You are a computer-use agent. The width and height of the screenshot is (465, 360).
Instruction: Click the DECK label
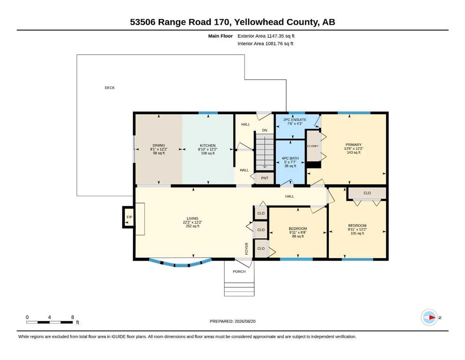[x=110, y=88]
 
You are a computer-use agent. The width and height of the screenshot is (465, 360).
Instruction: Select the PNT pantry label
[x=265, y=179]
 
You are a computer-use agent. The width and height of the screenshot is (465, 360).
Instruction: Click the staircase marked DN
[x=265, y=152]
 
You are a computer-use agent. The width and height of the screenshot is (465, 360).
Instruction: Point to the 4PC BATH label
[x=290, y=158]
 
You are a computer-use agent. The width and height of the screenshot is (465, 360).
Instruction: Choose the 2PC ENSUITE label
[x=295, y=120]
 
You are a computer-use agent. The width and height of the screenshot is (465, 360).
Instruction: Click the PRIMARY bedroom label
[x=354, y=145]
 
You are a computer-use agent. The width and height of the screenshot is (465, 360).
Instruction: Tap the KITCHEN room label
[x=207, y=146]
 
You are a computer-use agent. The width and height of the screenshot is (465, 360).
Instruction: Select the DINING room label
[x=159, y=146]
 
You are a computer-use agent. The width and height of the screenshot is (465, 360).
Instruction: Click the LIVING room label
[x=192, y=218]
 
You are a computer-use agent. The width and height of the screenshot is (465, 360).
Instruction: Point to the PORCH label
[x=239, y=271]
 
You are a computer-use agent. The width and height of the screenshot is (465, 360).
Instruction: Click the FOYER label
[x=247, y=249]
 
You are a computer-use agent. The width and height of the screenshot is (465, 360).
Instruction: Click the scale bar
[x=50, y=322]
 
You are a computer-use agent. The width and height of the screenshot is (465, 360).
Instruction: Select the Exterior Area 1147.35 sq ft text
[x=266, y=36]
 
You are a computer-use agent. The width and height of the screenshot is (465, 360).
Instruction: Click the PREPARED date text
[x=232, y=322]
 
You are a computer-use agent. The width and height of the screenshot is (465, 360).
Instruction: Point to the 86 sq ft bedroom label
[x=298, y=237]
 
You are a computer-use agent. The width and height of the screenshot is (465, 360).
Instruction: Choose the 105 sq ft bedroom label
[x=357, y=233]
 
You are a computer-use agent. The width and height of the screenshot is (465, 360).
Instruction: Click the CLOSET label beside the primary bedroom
[x=313, y=146]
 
